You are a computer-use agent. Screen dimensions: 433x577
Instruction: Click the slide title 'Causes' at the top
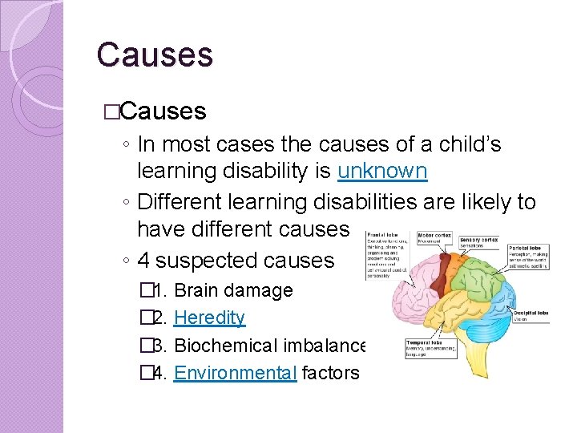tap(155, 55)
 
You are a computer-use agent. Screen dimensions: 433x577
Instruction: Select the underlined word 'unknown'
tap(382, 172)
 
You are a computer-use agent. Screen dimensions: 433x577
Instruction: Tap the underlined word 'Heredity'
tap(209, 318)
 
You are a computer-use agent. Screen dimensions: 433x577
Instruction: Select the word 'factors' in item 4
tap(332, 372)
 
